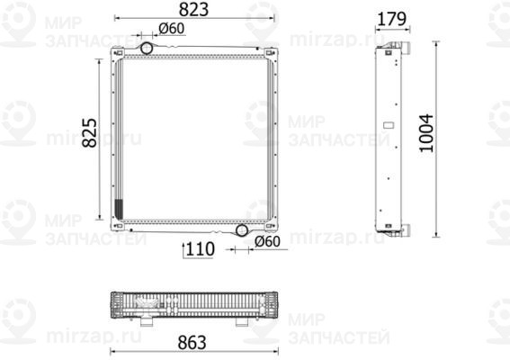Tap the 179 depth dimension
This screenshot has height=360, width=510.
pos(389,18)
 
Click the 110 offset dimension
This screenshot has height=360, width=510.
pos(201,249)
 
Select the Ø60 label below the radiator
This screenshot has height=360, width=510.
pos(268,241)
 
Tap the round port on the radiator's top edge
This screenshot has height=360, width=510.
pos(147,48)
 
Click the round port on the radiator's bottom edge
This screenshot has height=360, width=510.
pos(241,230)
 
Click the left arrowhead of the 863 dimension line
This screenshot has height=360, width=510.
pos(111,328)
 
